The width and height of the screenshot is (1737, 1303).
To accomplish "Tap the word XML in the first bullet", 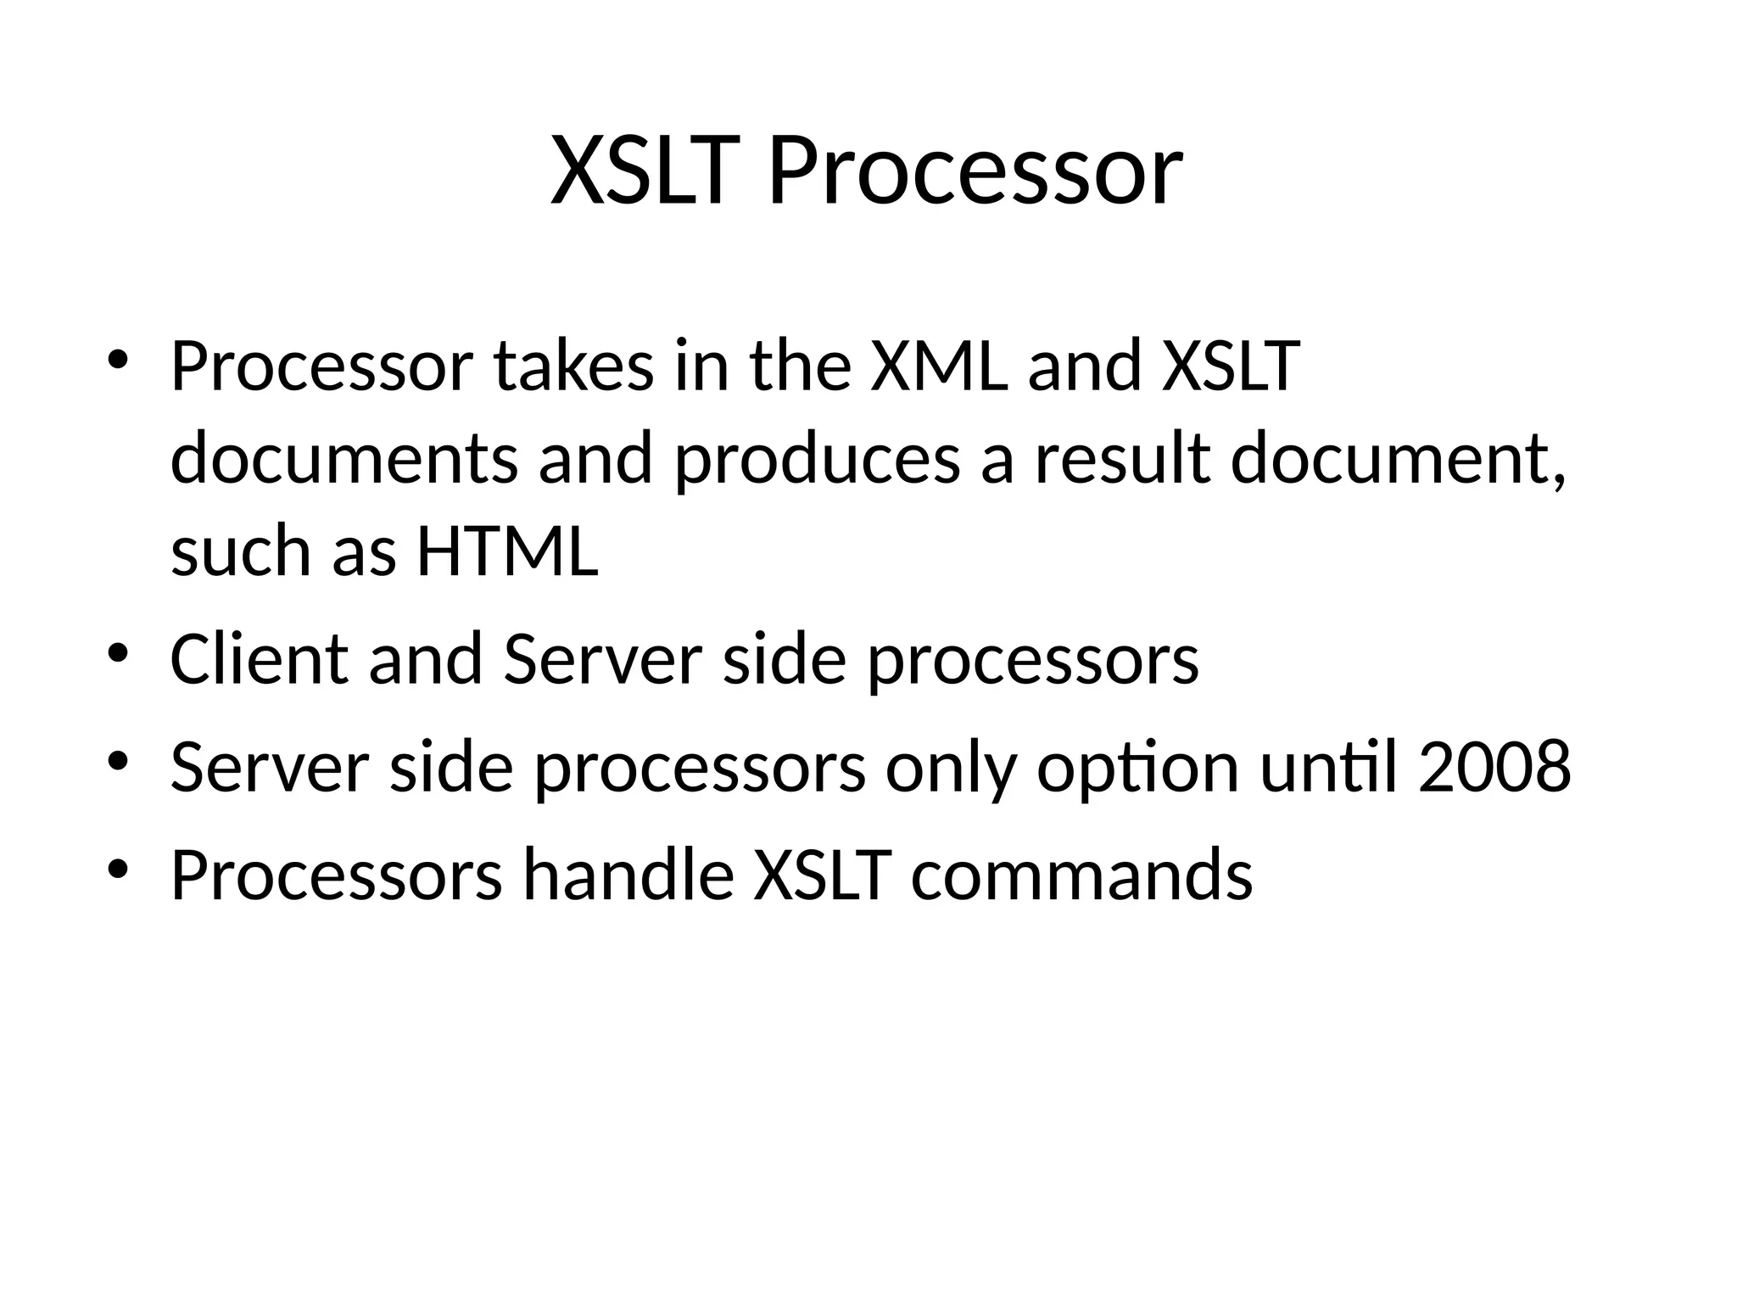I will [940, 366].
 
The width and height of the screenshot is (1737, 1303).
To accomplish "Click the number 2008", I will [1494, 767].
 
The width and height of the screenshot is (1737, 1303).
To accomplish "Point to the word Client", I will [259, 659].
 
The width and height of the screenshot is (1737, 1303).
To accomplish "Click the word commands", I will [1081, 875].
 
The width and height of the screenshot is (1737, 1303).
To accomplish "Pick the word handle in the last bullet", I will [628, 875].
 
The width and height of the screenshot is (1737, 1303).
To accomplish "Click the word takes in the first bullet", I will [574, 366].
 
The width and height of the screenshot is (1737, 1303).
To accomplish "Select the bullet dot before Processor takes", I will [118, 359].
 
